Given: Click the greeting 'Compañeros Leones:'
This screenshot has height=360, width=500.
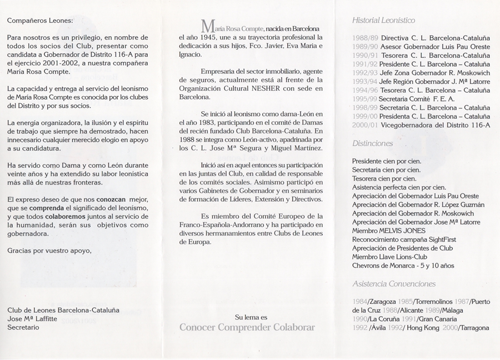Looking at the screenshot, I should point(40,21).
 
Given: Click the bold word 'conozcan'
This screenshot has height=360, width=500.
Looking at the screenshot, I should point(111,198).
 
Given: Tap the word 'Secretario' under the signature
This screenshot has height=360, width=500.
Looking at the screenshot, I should point(23,327).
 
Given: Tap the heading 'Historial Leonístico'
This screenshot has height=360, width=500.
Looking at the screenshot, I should point(383,21).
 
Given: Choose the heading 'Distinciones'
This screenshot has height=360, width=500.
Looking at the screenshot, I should point(372,143).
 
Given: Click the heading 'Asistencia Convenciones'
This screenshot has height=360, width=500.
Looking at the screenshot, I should point(393,284).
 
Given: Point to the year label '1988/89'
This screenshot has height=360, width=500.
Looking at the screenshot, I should point(366,38).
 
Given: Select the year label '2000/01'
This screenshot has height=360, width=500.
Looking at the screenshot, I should point(366,125).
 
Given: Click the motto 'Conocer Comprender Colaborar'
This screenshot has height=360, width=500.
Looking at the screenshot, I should point(247,327).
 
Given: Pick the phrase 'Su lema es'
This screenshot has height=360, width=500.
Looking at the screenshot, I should point(251,317).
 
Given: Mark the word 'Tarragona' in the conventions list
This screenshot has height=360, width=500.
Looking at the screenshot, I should point(473,328).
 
